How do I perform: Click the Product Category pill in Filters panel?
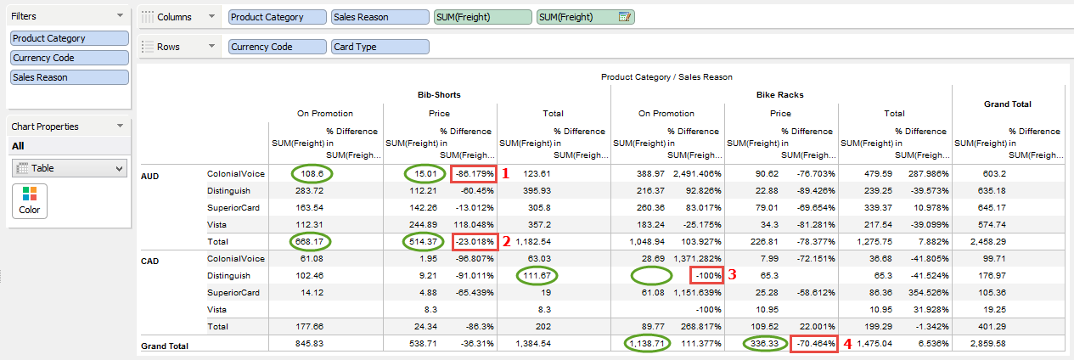tap(69, 38)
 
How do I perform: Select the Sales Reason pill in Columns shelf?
tap(380, 17)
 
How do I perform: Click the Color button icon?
tap(30, 200)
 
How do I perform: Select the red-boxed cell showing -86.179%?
tap(473, 173)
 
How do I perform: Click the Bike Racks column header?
tap(781, 94)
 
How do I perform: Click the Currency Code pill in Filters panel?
tap(69, 58)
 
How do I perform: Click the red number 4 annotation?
tap(846, 344)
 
